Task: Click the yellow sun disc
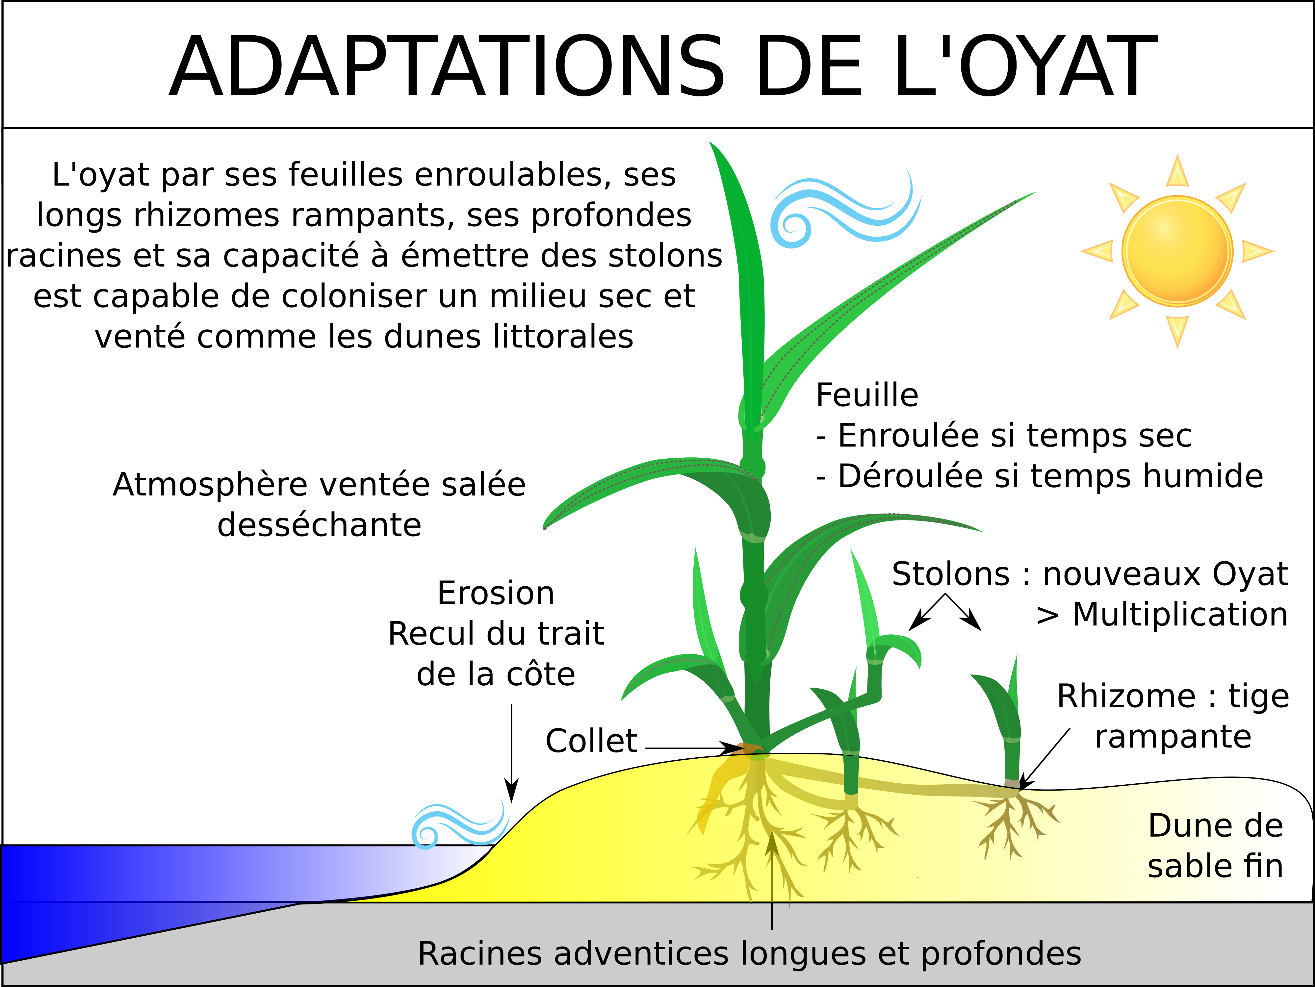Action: (x=1177, y=251)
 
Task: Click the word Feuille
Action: (x=867, y=395)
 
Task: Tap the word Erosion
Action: (x=496, y=593)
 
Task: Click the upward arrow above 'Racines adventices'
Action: (x=772, y=879)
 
